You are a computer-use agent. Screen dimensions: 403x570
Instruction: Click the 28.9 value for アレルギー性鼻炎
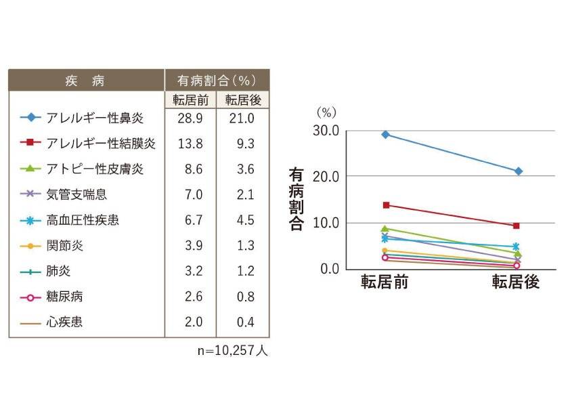[190, 118]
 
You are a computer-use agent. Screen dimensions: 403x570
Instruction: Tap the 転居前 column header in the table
[190, 100]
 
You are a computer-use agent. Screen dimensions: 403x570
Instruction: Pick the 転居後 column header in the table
[243, 100]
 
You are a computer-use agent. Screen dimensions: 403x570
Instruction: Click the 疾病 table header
[85, 81]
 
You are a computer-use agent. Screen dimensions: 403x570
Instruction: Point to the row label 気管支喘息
[77, 195]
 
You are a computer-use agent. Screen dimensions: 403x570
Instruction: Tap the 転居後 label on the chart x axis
[516, 282]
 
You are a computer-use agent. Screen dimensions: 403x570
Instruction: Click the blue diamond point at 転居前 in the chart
[385, 134]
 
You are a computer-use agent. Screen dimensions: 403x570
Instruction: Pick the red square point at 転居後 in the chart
[517, 226]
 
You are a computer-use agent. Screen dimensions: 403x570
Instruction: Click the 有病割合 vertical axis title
[296, 200]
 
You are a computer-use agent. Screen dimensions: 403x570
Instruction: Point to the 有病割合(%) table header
[217, 81]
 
